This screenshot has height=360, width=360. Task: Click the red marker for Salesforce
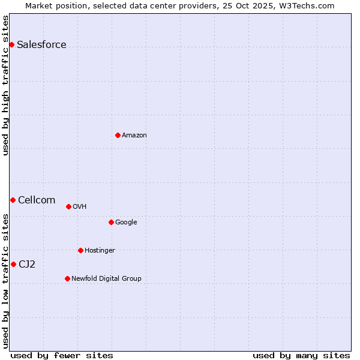[11, 44]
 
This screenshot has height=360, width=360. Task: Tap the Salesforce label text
[41, 45]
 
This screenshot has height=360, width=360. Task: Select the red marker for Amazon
[118, 135]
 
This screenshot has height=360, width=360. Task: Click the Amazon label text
[134, 136]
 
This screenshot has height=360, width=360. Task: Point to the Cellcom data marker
[13, 200]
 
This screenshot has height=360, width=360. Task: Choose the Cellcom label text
[37, 200]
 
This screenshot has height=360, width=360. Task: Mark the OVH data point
[68, 206]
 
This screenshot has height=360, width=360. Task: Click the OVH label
[80, 207]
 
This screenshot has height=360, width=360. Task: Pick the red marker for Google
[111, 222]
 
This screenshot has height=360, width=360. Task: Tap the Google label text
[126, 223]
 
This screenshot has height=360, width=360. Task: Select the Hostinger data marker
[80, 250]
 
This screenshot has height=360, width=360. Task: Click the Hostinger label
[100, 251]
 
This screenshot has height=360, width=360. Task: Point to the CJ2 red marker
[13, 264]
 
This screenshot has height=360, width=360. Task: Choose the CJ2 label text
[27, 265]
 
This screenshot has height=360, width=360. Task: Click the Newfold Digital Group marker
[67, 278]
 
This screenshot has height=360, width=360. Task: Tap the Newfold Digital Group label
[106, 279]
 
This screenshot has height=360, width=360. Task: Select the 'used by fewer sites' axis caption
[62, 355]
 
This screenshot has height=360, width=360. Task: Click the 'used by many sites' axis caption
[301, 355]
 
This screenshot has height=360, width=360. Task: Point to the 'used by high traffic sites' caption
[5, 85]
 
